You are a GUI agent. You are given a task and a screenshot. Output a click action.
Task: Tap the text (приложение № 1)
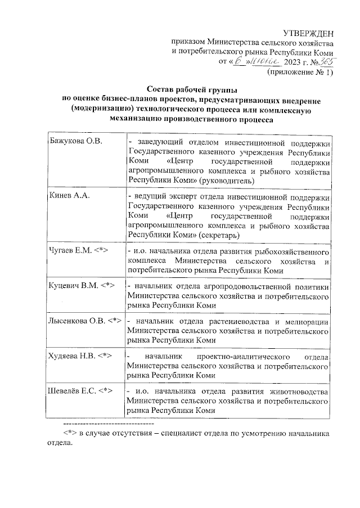[300, 73]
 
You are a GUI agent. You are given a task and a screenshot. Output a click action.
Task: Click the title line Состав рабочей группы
[192, 90]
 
